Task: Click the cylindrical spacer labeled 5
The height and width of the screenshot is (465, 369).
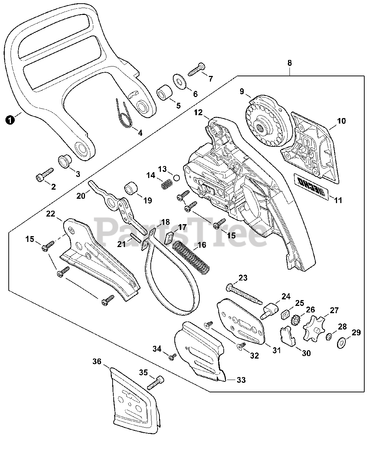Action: click(163, 93)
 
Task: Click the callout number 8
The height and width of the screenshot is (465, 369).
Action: click(289, 63)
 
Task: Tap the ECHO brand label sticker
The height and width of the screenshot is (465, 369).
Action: click(311, 186)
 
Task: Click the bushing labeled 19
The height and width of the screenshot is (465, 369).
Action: click(132, 189)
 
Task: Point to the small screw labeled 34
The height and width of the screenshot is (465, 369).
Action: click(171, 357)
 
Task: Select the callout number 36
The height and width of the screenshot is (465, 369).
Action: click(97, 361)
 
